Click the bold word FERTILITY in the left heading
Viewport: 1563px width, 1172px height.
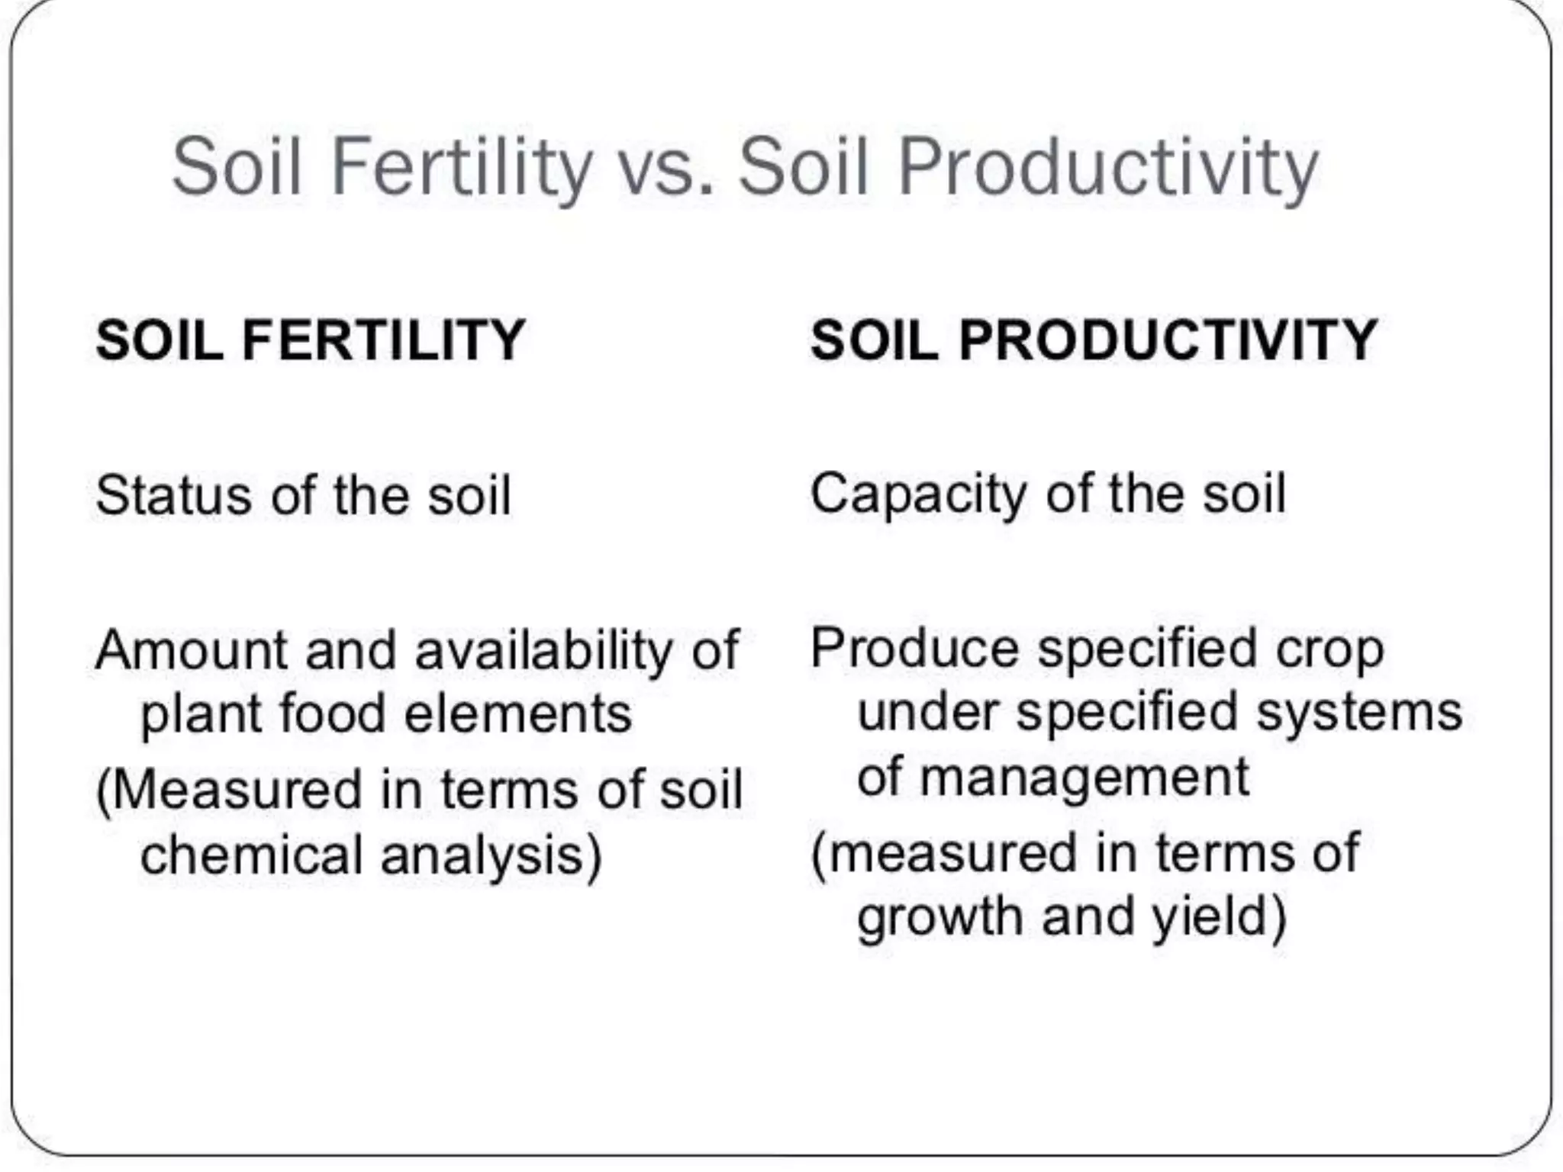click(384, 340)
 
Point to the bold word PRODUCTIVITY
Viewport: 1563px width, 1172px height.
click(1168, 340)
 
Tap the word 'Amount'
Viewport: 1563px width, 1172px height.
click(190, 651)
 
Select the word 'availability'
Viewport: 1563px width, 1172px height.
click(543, 651)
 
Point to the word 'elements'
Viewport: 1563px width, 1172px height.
click(517, 714)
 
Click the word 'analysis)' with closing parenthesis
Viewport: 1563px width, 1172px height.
click(491, 855)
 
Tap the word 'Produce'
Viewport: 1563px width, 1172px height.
click(914, 649)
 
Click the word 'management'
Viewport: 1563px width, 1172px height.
click(1084, 778)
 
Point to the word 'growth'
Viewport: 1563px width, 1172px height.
click(939, 917)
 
